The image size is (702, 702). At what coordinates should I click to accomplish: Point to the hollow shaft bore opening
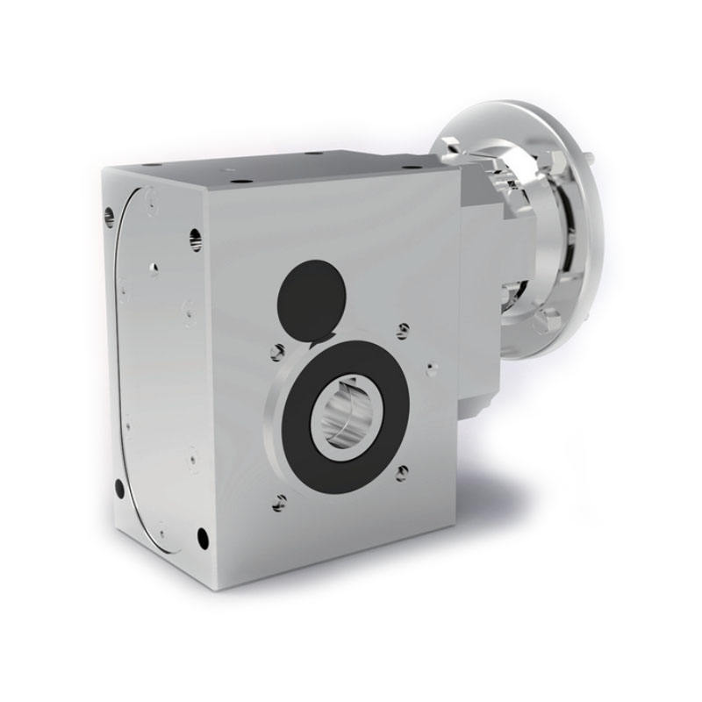[x=350, y=412]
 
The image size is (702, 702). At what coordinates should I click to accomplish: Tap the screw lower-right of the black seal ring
[x=402, y=473]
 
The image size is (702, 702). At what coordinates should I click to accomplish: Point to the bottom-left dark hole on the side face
[x=120, y=487]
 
